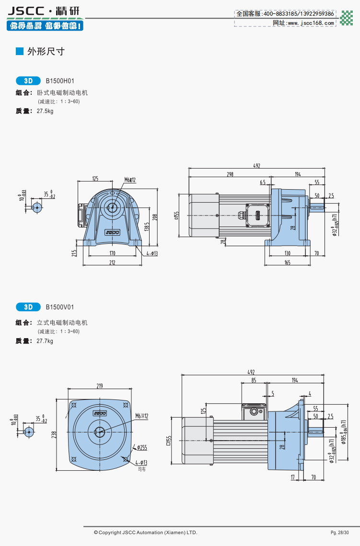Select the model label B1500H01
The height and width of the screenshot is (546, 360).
point(60,81)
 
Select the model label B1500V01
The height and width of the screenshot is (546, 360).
point(60,307)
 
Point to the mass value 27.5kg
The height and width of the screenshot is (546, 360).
point(45,111)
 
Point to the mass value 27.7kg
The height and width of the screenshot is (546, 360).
point(45,341)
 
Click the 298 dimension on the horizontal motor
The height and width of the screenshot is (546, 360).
point(230,174)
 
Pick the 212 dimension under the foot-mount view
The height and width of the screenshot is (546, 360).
point(112,262)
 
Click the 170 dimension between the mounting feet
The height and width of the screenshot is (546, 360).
point(112,253)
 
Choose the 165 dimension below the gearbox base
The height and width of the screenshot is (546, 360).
point(287,262)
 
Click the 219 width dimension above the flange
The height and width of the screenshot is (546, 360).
point(100,386)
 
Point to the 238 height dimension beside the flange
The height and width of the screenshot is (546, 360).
point(55,434)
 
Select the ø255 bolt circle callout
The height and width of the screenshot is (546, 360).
point(141,447)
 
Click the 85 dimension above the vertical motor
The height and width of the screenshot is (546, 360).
point(253,380)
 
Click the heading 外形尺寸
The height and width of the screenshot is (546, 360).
point(46,51)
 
